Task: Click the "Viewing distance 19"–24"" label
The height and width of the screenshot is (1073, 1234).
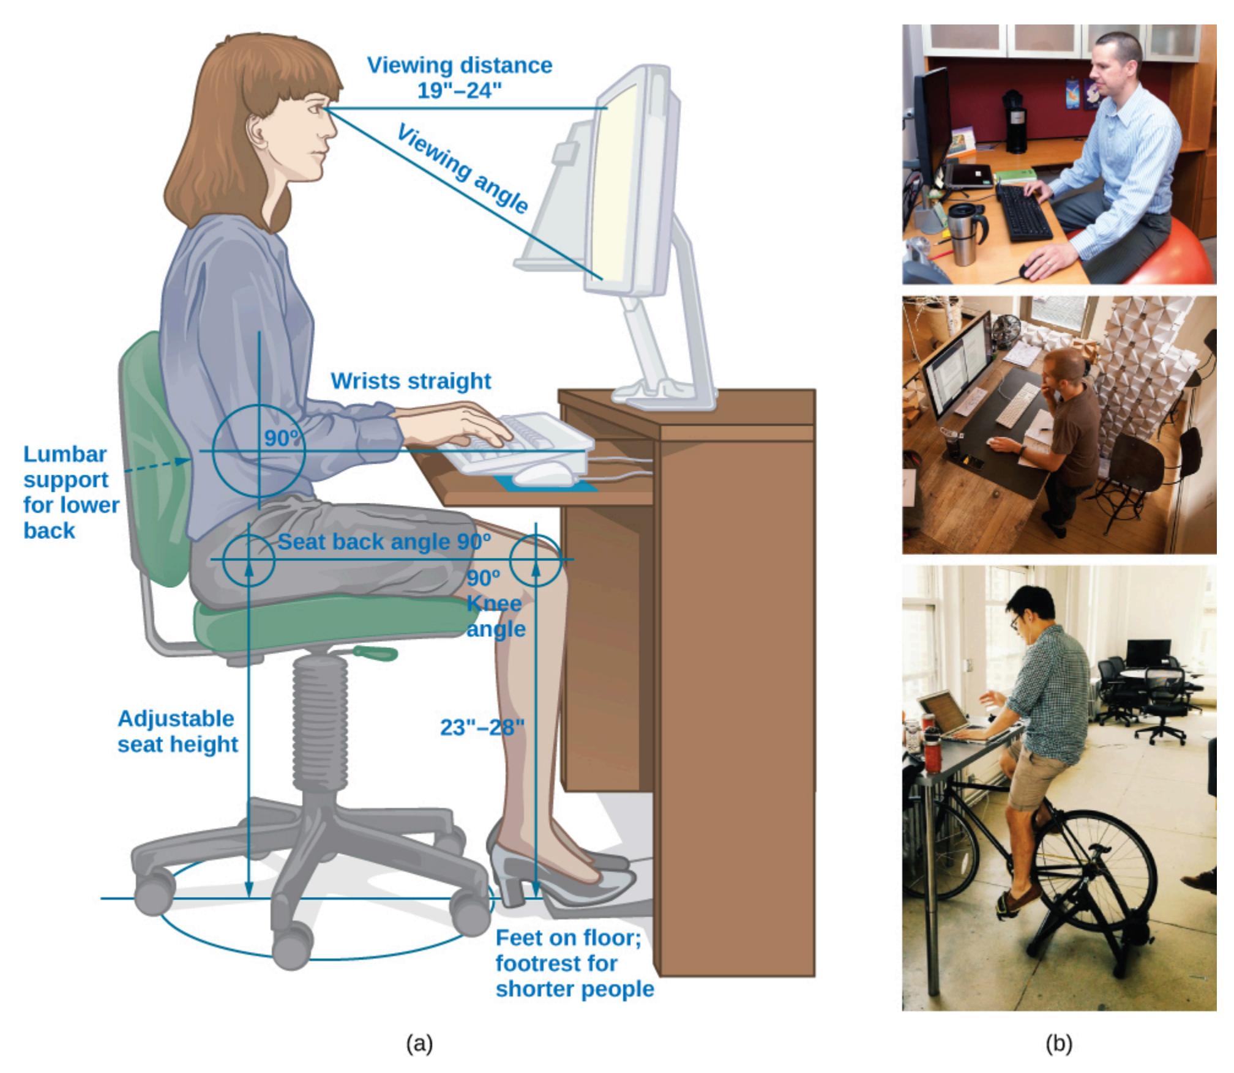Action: [x=460, y=78]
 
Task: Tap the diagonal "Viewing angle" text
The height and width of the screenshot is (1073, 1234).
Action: [x=463, y=169]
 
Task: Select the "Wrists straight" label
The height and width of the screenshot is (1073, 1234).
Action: [x=411, y=381]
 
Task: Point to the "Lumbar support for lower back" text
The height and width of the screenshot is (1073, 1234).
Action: [x=71, y=492]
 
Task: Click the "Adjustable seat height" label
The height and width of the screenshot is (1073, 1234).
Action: [x=178, y=731]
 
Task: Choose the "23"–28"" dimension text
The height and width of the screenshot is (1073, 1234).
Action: [x=482, y=727]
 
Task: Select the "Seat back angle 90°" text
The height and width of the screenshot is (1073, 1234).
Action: [x=384, y=542]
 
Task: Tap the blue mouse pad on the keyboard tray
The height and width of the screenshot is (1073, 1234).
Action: [x=547, y=485]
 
